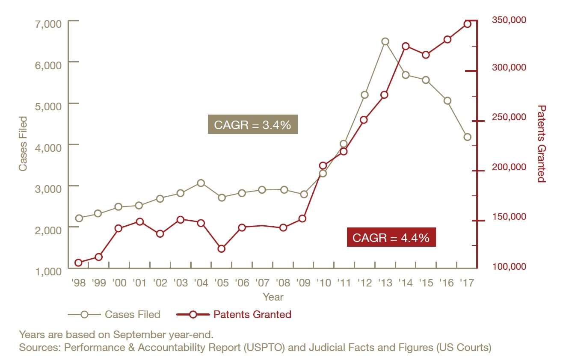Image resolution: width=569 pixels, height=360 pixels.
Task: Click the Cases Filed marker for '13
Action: pos(385,41)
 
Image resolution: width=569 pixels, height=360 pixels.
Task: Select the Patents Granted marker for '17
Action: pos(467,24)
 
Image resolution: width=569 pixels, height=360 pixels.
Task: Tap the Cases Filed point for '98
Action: pos(79,218)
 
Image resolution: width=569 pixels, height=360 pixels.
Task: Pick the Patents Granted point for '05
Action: pos(222,248)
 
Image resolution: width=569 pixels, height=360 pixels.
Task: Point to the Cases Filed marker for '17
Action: pos(467,137)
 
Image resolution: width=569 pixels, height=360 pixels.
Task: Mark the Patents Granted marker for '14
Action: pos(406,46)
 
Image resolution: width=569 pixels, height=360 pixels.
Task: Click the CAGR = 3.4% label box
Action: pos(252,124)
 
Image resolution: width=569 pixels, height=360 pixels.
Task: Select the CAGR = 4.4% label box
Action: pos(391,237)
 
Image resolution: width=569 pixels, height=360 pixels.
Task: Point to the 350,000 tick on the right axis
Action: pos(509,20)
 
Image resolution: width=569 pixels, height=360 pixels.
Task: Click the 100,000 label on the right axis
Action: pos(509,266)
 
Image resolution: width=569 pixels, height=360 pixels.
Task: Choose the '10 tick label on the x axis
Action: pos(323,283)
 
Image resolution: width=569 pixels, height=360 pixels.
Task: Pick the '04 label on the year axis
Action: pos(201,283)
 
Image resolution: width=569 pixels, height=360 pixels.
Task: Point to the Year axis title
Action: pos(273,297)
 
